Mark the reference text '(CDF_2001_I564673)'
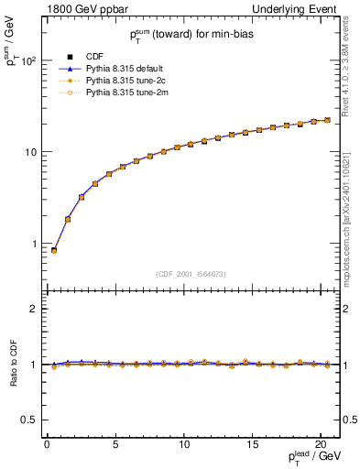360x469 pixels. pyautogui.click(x=190, y=273)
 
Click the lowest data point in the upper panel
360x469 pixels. pyautogui.click(x=53, y=250)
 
